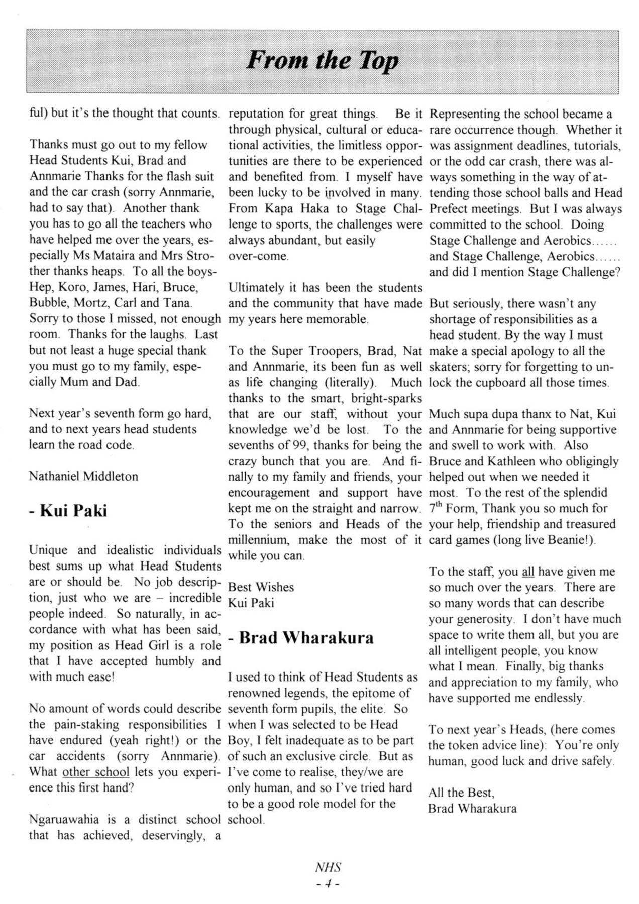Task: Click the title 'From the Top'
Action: [x=322, y=61]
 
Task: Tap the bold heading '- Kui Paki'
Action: [x=68, y=511]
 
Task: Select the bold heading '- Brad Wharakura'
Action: [x=301, y=638]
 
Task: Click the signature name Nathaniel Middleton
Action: [x=83, y=476]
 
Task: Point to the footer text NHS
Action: [x=328, y=867]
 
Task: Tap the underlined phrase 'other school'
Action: [x=95, y=772]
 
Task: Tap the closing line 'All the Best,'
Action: [x=461, y=793]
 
